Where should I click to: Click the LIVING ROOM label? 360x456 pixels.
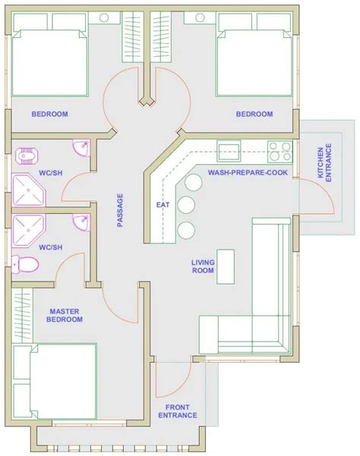coord(204,266)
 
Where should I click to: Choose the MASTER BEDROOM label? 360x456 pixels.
coord(65,316)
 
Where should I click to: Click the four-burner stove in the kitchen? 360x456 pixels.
coord(279,148)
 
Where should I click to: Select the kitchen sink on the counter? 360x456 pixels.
coord(229,148)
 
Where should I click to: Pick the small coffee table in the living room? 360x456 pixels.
coord(224,257)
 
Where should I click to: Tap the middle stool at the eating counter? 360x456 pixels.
coord(185,205)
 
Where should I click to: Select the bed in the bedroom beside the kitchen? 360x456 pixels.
coord(254,63)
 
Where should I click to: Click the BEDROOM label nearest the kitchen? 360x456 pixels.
coord(254,115)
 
